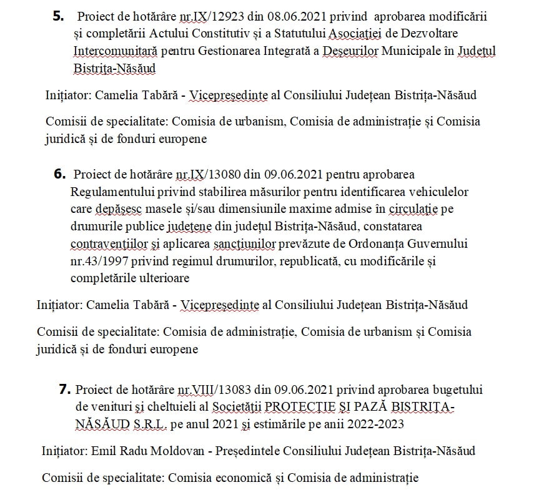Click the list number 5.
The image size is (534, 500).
coord(58,17)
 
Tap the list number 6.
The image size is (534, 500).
coord(61,174)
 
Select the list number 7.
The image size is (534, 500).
coord(64,390)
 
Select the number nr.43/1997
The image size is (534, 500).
coord(102,260)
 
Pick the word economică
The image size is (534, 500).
coord(242,478)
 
